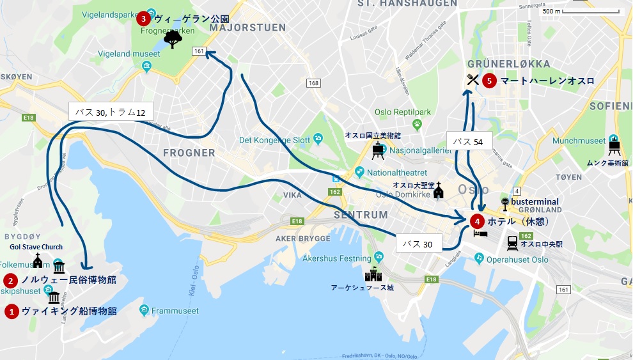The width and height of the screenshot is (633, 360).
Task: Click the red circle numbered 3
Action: pyautogui.click(x=143, y=19)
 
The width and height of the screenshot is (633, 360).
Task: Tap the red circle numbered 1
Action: pyautogui.click(x=12, y=311)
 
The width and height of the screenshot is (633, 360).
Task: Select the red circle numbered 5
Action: pyautogui.click(x=489, y=81)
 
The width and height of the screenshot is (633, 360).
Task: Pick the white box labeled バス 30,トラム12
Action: pyautogui.click(x=111, y=112)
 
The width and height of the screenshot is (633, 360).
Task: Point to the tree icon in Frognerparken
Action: pyautogui.click(x=173, y=40)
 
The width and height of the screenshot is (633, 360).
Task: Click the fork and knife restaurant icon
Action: pyautogui.click(x=473, y=80)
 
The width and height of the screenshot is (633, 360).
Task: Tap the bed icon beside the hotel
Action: pyautogui.click(x=480, y=235)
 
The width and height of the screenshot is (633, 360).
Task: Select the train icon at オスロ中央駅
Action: pyautogui.click(x=513, y=243)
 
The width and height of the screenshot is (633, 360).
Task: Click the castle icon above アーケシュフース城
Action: pyautogui.click(x=373, y=276)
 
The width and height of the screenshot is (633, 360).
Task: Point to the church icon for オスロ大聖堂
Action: pyautogui.click(x=438, y=191)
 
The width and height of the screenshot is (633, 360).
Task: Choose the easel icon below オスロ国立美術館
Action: pyautogui.click(x=378, y=150)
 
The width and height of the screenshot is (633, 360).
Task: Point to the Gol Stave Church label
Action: pyautogui.click(x=36, y=247)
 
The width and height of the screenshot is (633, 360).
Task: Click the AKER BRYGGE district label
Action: pyautogui.click(x=302, y=238)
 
